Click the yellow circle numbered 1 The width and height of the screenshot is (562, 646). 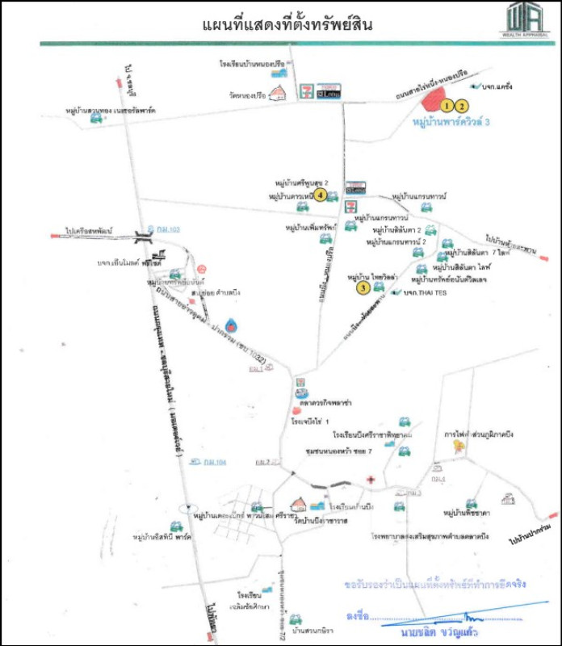447,104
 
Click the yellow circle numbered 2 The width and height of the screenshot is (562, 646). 461,104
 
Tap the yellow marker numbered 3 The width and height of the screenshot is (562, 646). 364,286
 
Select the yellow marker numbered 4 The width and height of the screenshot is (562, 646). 321,195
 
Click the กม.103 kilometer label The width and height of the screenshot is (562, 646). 169,230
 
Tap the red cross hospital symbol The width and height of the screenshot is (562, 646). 370,480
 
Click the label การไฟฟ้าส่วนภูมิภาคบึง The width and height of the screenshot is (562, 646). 479,434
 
